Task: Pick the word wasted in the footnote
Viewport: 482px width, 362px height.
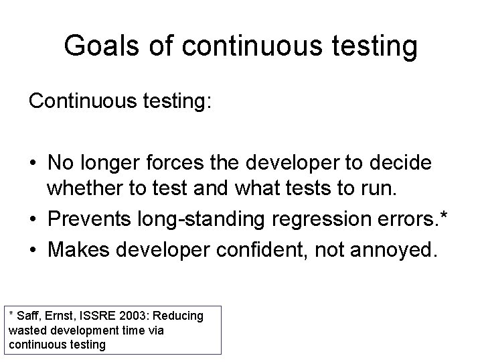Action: click(x=26, y=330)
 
